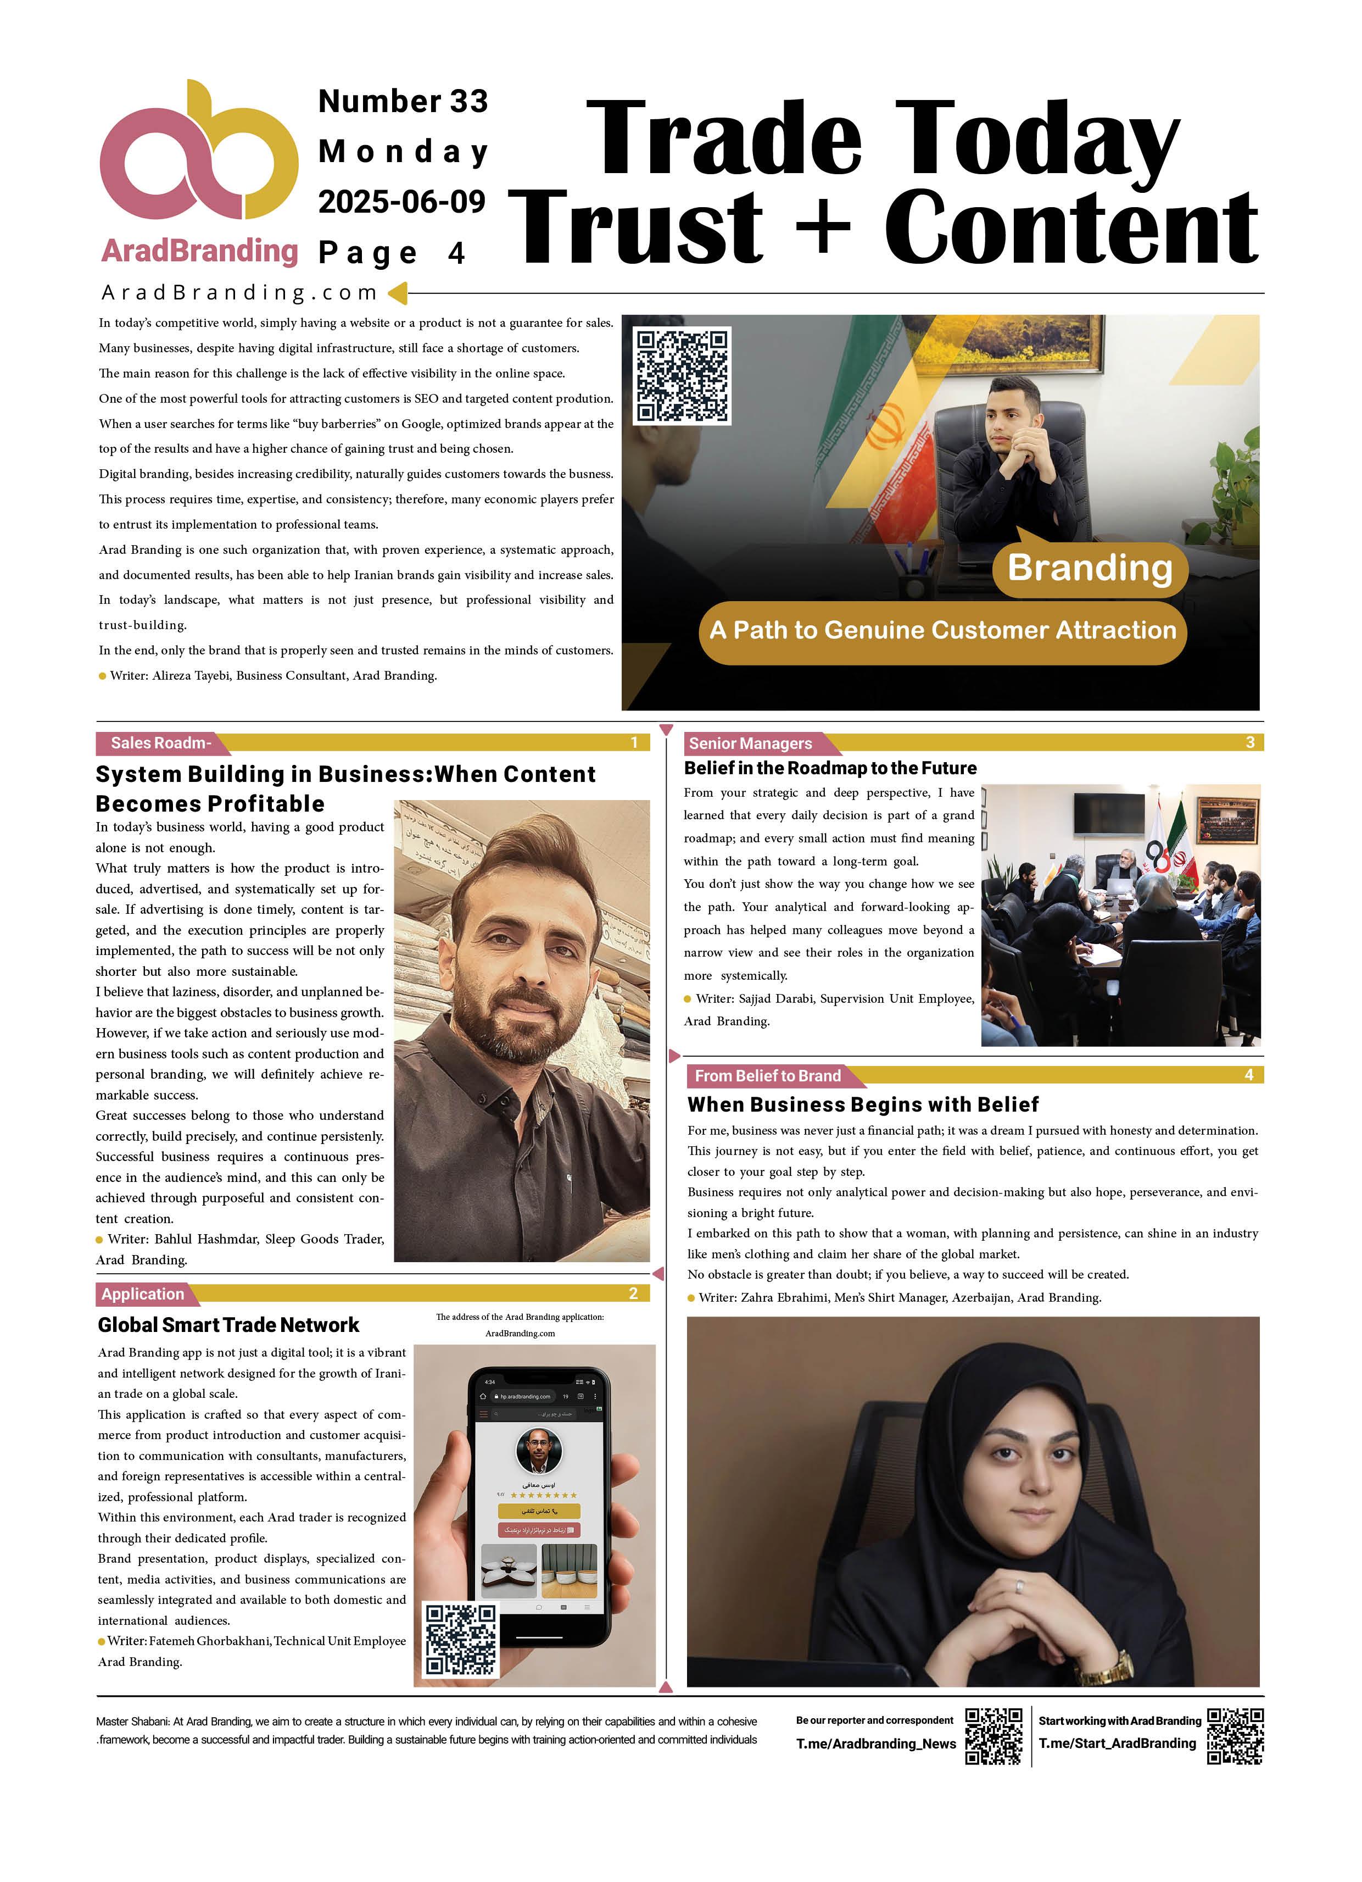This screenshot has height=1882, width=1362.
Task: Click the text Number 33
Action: (x=403, y=101)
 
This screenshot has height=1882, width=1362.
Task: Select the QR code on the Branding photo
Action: (x=682, y=376)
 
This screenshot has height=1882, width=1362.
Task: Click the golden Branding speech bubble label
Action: (x=1090, y=568)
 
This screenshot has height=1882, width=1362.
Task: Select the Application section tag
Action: (x=143, y=1293)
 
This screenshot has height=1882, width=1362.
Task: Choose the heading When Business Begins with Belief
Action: (x=863, y=1104)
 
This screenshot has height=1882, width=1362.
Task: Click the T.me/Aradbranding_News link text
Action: (x=876, y=1744)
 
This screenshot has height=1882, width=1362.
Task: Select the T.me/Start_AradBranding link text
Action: (x=1117, y=1744)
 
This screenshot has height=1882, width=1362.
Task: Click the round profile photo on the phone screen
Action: (x=539, y=1451)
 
